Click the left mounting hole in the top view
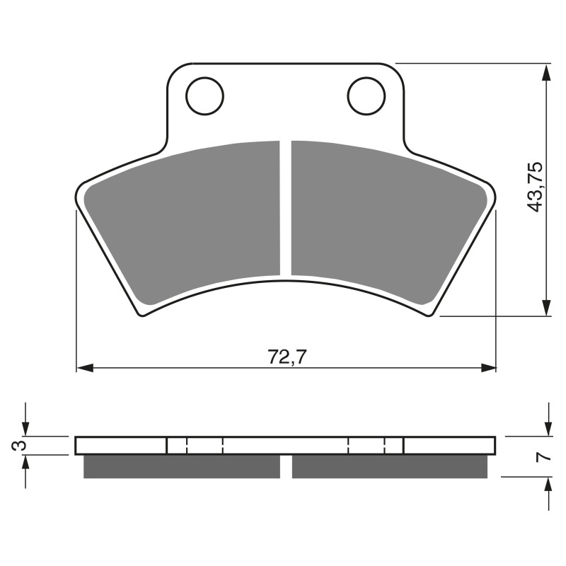pos(205,96)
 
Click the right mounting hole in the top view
pos(366,96)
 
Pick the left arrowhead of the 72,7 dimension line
pos(84,368)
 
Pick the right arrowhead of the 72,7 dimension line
pos(488,368)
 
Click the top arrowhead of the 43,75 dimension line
pos(546,73)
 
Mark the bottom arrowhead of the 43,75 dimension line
pos(546,307)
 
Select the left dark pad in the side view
pos(182,466)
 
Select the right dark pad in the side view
pos(390,466)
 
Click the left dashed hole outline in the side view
pos(204,446)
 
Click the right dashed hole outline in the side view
pos(366,446)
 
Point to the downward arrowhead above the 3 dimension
pos(26,429)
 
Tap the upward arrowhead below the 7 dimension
pos(547,485)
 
